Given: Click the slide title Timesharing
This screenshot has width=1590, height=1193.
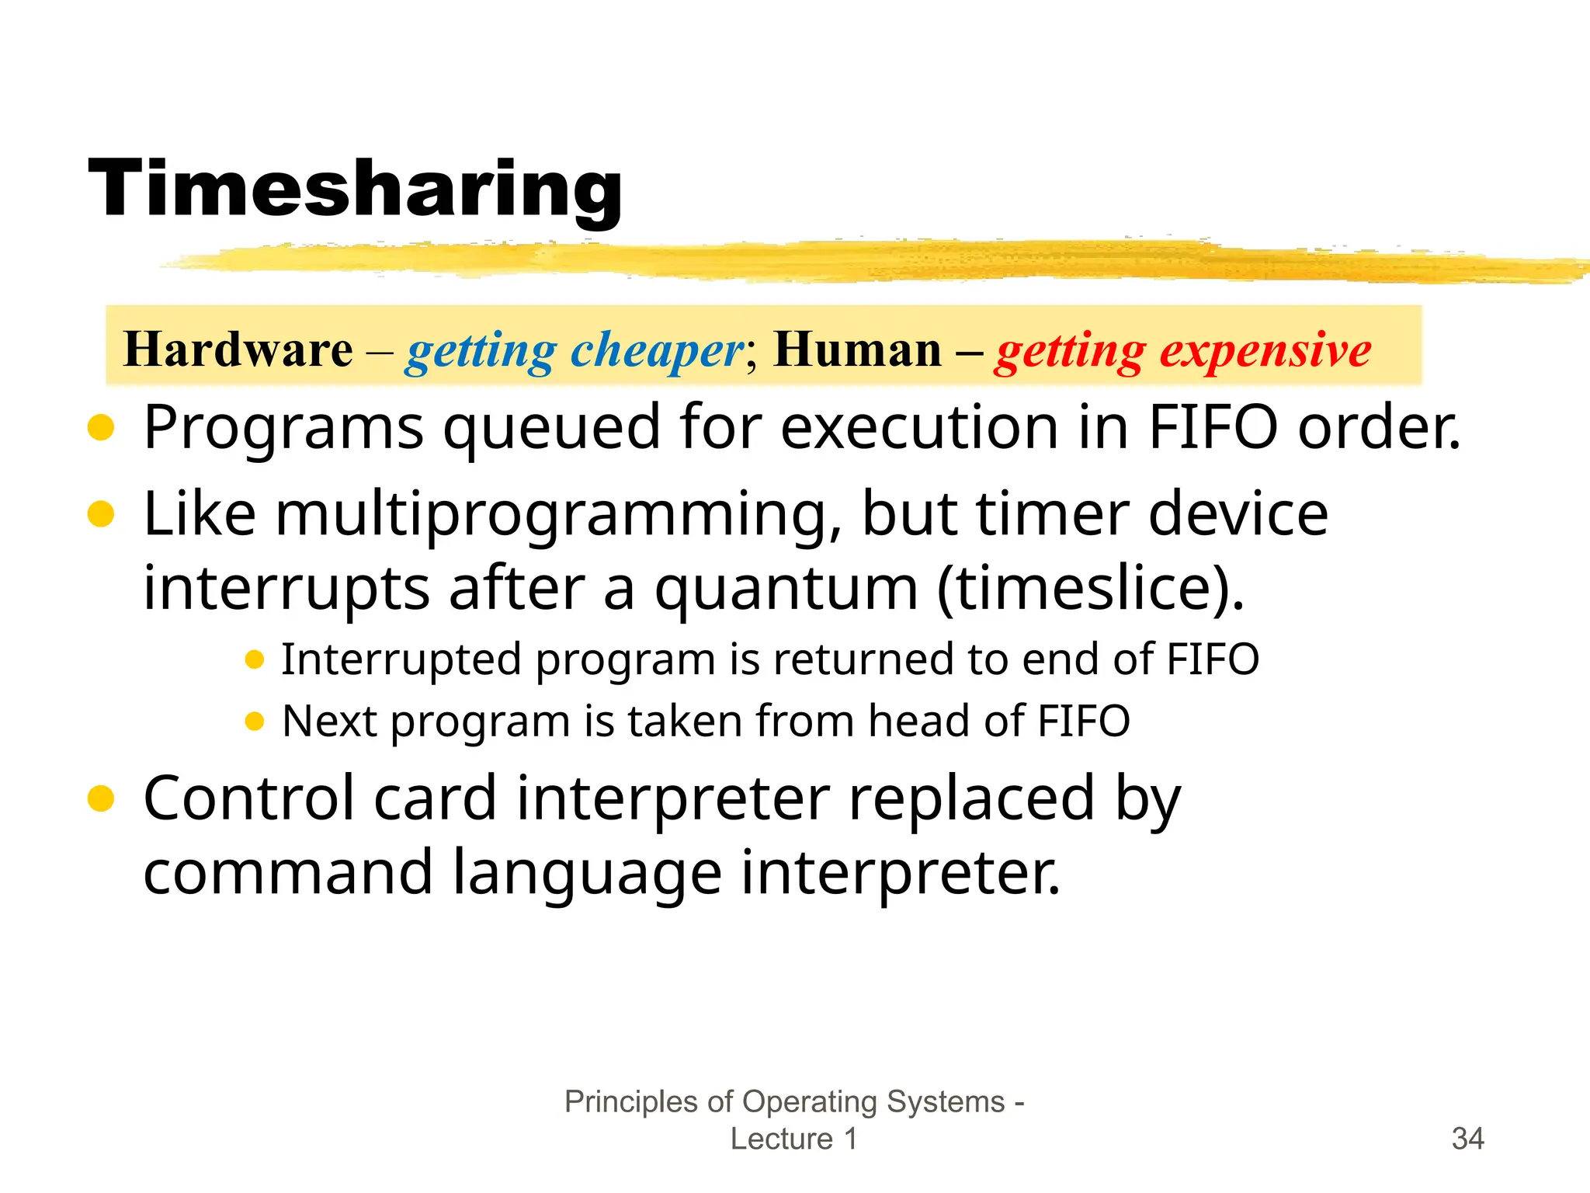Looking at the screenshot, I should (x=356, y=190).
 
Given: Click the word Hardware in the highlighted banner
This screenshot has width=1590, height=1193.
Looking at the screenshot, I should (x=238, y=350).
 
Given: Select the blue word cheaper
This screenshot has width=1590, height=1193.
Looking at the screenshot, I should (x=657, y=351).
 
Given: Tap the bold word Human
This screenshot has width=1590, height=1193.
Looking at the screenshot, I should (x=857, y=350).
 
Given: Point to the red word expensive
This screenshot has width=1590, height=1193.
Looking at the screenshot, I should (x=1265, y=351).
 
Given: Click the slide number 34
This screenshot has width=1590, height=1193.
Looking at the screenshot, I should (x=1467, y=1139).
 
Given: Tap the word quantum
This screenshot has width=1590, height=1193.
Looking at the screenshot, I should (x=786, y=589).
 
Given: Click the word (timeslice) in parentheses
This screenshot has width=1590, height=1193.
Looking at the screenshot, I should (x=1090, y=589).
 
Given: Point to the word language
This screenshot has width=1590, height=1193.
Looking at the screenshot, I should (x=587, y=873).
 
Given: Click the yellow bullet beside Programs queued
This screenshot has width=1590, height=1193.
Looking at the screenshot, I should (x=101, y=427).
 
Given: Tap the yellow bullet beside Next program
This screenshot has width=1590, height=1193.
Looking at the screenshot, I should (x=254, y=722).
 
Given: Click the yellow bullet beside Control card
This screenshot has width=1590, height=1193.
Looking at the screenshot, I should (x=101, y=798).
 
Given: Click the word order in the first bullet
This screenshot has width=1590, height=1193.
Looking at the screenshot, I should (x=1379, y=429).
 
